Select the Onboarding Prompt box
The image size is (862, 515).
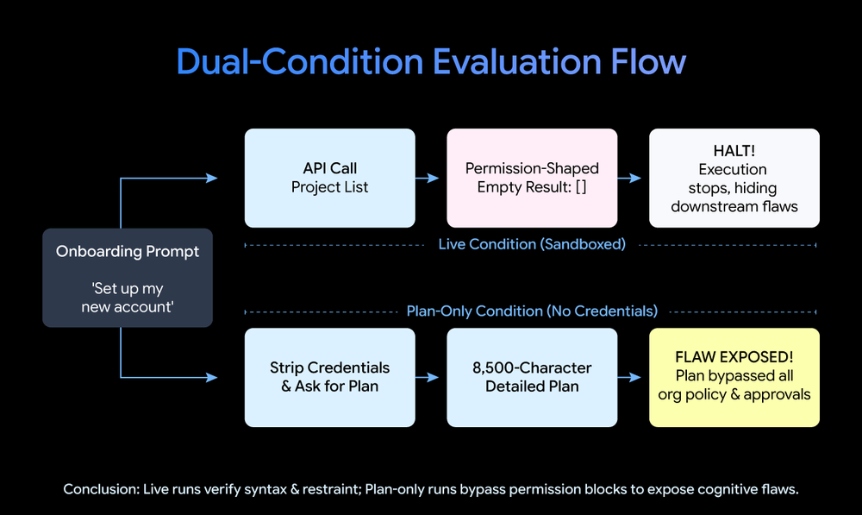click(128, 278)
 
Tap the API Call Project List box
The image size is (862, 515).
click(330, 178)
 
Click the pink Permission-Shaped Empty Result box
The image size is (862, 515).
click(532, 178)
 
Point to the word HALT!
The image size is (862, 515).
click(734, 151)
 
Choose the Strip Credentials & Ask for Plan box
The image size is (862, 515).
click(330, 378)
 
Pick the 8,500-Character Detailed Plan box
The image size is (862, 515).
click(532, 378)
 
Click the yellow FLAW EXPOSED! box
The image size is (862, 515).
click(734, 378)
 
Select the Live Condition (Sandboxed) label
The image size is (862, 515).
click(532, 244)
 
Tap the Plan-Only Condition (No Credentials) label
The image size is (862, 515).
click(532, 311)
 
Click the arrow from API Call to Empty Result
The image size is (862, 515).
click(428, 179)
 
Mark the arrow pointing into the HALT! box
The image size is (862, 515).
click(629, 179)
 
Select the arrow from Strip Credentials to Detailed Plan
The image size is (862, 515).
click(428, 378)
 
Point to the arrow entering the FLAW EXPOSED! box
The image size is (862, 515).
click(629, 378)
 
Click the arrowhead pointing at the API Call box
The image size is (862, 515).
click(212, 179)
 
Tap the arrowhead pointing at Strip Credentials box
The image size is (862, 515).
click(212, 378)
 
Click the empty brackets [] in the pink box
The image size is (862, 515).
click(581, 187)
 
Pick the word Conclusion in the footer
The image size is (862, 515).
click(101, 489)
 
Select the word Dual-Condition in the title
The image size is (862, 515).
click(300, 61)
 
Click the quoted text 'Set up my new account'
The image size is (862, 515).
click(128, 298)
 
